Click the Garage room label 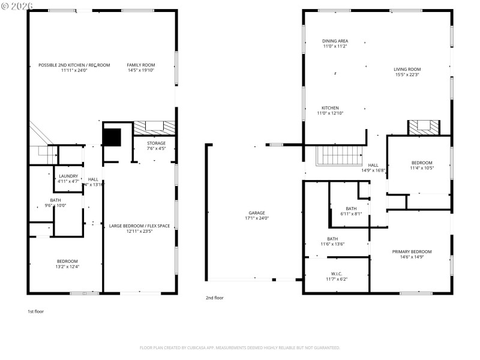tap(257, 215)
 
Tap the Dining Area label tap(335, 44)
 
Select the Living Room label tap(407, 72)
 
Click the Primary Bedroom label tap(412, 254)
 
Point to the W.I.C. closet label tap(336, 275)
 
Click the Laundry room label tap(68, 178)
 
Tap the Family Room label tap(141, 67)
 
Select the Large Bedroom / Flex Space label tap(139, 228)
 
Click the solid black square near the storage tap(112, 137)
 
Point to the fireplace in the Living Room tap(424, 127)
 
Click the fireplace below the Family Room tap(155, 127)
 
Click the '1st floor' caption tap(35, 311)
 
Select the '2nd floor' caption tap(214, 298)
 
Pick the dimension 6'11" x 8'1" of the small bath tap(350, 213)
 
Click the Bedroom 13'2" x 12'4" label tap(67, 263)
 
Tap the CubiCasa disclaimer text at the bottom tap(240, 347)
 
